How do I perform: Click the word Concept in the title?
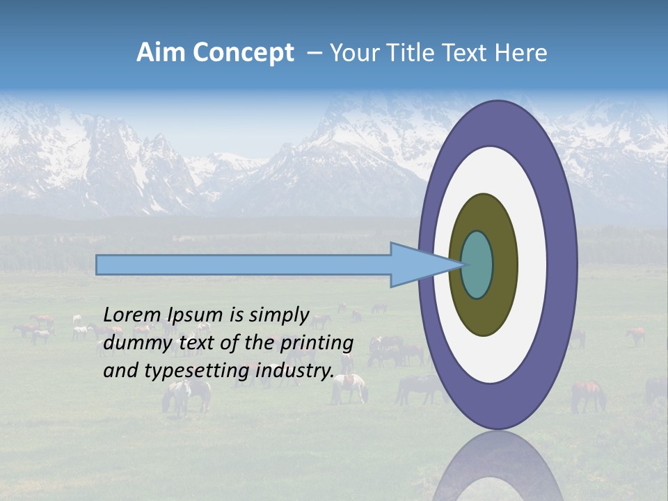243,53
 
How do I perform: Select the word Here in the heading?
521,53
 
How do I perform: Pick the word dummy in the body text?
132,343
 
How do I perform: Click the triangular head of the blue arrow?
417,265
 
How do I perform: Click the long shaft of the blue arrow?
244,265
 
